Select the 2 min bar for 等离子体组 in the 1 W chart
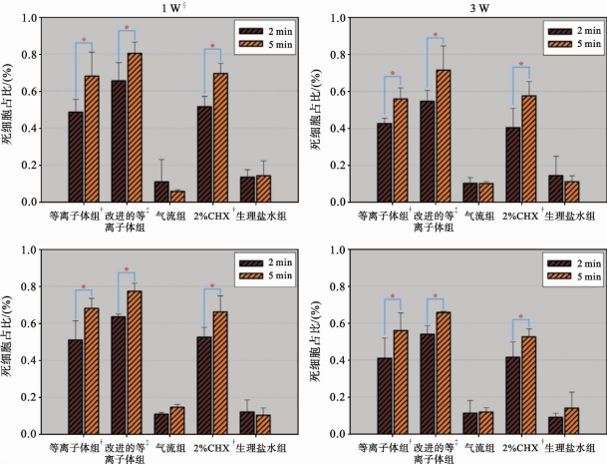click(x=76, y=156)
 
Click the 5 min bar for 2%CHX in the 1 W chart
click(x=221, y=137)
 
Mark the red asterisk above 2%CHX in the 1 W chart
click(x=212, y=48)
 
